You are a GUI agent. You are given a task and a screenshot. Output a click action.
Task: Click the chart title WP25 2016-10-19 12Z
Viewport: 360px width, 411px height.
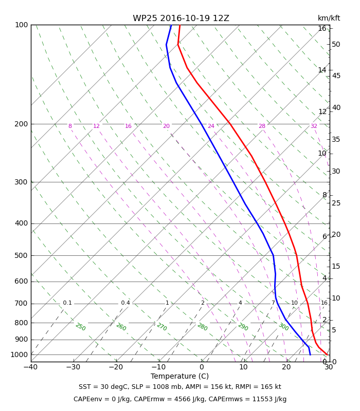[x=181, y=18]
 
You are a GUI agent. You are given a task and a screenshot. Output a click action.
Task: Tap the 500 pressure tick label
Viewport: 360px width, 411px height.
[x=21, y=255]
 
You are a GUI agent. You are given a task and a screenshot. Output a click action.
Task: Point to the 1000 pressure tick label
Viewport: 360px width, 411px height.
[x=19, y=354]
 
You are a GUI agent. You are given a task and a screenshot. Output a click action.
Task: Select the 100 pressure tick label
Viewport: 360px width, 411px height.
[x=21, y=25]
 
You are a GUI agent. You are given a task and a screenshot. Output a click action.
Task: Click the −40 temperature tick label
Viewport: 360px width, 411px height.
[x=31, y=367]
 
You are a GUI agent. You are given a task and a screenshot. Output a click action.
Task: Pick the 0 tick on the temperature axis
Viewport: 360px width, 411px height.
[x=202, y=367]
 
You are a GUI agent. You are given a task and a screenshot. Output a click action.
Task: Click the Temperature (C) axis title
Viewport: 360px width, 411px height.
[x=179, y=377]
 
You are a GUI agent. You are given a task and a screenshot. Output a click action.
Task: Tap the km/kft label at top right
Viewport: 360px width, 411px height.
[x=329, y=18]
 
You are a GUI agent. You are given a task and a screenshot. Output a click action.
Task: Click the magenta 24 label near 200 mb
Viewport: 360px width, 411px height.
[x=211, y=126]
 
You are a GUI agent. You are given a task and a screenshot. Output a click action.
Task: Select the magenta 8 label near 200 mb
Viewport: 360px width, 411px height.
[x=70, y=126]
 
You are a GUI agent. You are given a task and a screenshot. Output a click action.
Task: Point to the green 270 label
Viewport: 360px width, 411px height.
[x=161, y=327]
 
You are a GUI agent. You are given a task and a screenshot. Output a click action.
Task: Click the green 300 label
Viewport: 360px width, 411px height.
[x=283, y=327]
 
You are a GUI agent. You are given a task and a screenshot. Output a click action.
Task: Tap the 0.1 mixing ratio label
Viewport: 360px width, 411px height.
[x=67, y=303]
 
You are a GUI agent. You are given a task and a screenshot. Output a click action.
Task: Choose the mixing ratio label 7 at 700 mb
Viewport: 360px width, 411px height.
[x=273, y=303]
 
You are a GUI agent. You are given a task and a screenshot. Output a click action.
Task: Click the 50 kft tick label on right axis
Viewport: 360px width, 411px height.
[x=336, y=44]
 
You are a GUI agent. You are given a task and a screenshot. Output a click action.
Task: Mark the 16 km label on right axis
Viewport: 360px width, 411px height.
[x=322, y=28]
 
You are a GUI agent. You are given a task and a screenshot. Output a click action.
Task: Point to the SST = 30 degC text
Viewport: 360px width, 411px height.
[x=104, y=387]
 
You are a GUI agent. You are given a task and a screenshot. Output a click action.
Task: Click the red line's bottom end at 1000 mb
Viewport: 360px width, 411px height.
[x=327, y=355]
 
